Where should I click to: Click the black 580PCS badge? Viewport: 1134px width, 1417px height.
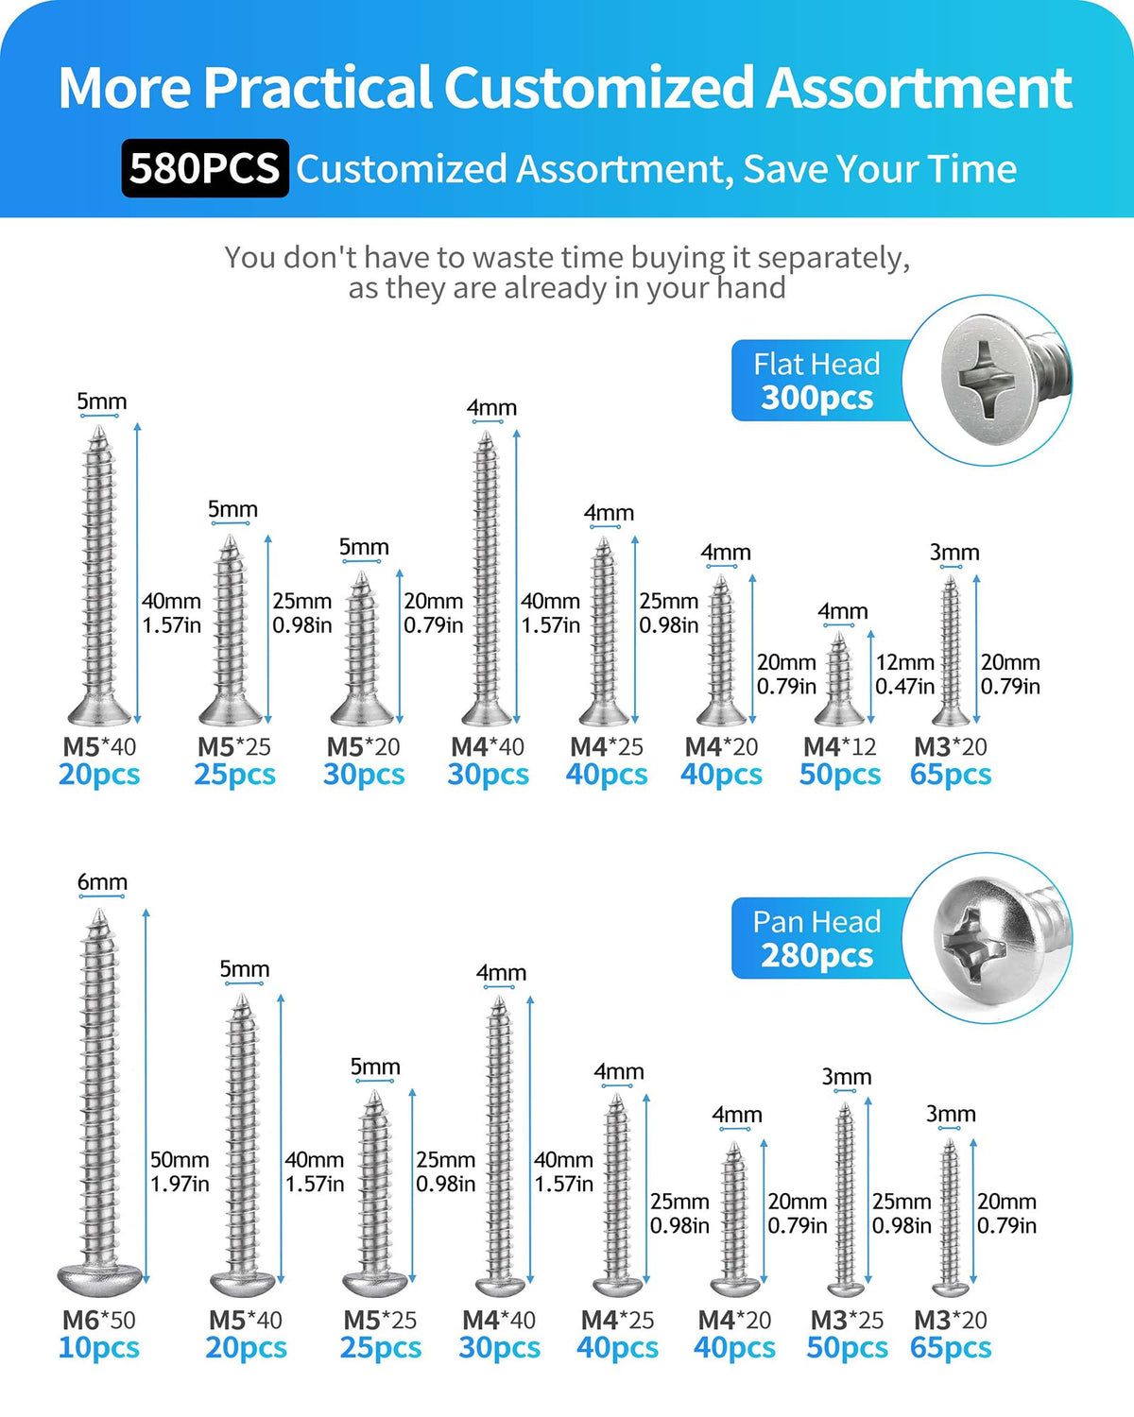205,168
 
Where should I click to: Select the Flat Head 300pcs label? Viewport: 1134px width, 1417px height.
817,381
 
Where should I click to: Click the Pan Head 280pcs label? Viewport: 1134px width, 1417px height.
817,938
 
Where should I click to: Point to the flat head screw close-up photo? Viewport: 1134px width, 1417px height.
988,380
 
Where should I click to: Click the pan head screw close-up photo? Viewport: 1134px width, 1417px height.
988,938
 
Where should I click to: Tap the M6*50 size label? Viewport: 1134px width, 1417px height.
99,1320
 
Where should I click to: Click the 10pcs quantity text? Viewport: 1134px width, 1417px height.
99,1348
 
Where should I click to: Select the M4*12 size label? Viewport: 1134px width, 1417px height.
839,746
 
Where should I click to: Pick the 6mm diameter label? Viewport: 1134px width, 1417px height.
102,881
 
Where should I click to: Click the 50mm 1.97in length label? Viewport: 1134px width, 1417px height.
180,1171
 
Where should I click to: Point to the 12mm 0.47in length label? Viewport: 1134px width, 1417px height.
904,674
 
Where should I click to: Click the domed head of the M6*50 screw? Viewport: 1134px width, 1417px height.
99,1279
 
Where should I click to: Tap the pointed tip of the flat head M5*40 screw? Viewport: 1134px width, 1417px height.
99,428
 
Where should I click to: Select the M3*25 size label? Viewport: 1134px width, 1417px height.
848,1320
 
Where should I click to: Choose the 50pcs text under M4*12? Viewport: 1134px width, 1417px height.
840,775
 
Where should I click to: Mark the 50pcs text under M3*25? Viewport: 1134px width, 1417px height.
848,1348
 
